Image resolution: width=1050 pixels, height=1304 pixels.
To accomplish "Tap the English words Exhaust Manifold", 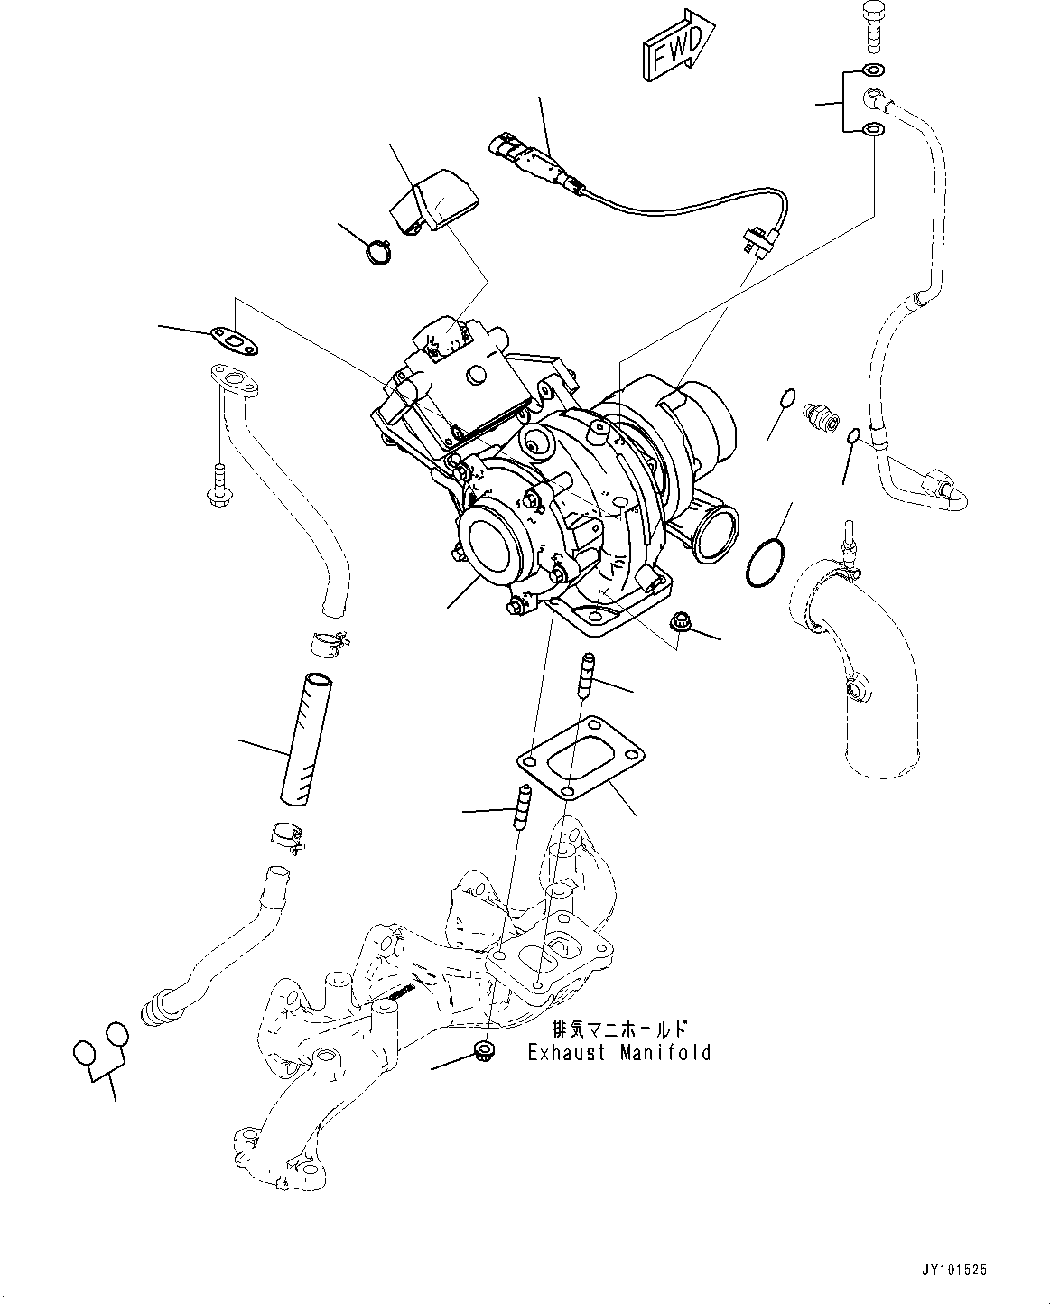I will click(x=619, y=1052).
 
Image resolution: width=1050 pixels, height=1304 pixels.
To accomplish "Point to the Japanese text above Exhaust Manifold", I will click(x=619, y=1029).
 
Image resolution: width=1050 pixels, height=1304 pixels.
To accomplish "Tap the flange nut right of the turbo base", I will click(x=682, y=621).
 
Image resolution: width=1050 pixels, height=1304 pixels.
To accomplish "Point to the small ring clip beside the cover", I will click(x=378, y=250).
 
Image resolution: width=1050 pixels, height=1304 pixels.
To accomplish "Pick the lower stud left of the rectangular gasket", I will click(x=523, y=806).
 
